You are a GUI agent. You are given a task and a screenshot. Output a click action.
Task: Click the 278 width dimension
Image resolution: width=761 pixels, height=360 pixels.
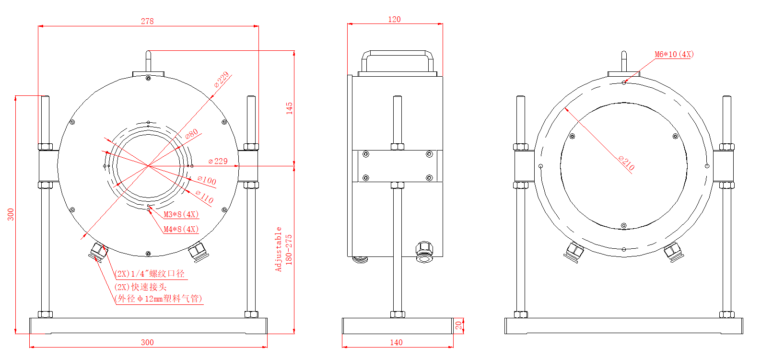coord(147,21)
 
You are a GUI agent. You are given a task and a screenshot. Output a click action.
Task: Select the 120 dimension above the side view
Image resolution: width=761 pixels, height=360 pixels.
coord(394,19)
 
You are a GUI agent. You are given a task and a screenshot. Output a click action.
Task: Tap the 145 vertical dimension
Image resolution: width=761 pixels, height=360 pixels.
coord(289,108)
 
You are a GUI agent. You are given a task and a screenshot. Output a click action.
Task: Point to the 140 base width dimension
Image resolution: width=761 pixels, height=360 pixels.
coord(396,342)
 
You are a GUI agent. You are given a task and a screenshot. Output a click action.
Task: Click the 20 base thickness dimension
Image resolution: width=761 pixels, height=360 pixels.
coord(458,326)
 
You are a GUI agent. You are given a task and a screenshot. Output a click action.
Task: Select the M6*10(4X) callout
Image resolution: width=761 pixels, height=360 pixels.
coord(674,54)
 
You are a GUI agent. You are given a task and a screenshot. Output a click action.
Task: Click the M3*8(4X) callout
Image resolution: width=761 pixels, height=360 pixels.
coord(181,214)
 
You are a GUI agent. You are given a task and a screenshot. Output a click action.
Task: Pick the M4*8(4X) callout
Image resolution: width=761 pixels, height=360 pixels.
coord(181,229)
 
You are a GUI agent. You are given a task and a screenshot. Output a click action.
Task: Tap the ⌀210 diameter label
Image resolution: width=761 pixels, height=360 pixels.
coord(626,163)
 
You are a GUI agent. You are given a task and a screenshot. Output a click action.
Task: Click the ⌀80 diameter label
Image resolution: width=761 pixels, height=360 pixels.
coord(192,134)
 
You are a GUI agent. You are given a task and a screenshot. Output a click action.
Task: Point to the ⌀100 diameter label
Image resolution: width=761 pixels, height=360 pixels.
coord(207,180)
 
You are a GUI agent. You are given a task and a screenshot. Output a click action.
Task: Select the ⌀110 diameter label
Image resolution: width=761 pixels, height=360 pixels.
coord(205,197)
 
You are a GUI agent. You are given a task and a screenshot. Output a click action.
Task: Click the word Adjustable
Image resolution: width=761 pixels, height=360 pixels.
coord(279,249)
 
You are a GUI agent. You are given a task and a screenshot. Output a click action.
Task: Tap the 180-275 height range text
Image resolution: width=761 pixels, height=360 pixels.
coord(289,249)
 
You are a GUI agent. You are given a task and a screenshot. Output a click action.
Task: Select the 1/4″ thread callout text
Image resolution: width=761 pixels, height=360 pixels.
coord(150,274)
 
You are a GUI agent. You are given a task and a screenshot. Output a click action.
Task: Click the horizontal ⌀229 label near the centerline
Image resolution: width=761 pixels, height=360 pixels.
coord(218,161)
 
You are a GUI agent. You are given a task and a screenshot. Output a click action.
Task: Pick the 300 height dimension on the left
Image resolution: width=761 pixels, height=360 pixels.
coord(11,214)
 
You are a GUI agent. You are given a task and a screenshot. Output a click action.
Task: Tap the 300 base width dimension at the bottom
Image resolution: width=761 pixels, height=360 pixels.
coord(147,342)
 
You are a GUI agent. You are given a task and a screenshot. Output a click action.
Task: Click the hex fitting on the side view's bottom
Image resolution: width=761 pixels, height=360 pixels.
coord(424,251)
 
